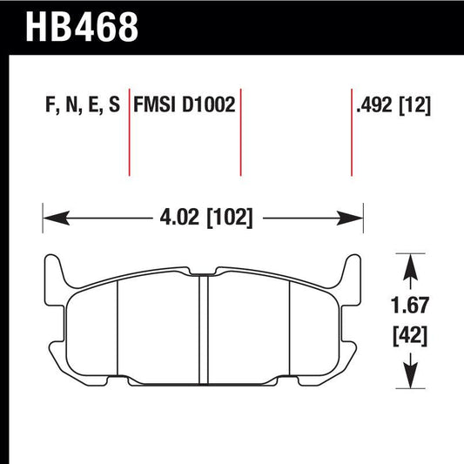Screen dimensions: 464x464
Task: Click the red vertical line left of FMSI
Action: click(129, 131)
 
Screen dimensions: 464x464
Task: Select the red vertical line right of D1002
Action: click(240, 131)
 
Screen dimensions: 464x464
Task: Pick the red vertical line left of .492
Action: click(351, 131)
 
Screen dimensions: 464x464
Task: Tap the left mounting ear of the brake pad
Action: click(53, 274)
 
